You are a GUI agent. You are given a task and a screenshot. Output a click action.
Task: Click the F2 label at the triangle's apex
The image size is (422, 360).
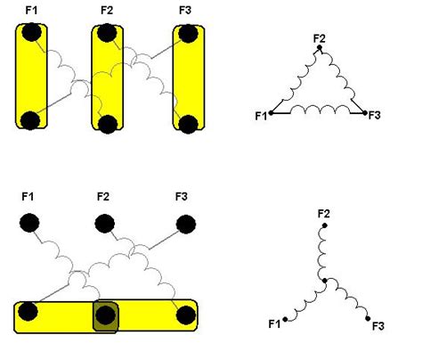[x=320, y=38]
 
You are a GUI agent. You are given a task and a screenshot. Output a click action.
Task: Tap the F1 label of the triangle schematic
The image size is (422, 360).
[x=261, y=116]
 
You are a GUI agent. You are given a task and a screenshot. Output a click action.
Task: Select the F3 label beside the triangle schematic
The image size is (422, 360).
[x=374, y=115]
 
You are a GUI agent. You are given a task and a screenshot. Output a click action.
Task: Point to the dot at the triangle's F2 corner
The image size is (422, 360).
[x=320, y=47]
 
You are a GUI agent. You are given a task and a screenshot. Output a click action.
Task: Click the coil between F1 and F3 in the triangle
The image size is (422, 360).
[x=320, y=110]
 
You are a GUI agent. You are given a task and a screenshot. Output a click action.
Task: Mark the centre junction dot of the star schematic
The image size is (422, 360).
[x=325, y=281]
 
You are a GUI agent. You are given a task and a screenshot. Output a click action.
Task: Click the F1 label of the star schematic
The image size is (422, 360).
[x=274, y=323]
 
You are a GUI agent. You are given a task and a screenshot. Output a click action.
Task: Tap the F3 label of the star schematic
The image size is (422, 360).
[x=378, y=326]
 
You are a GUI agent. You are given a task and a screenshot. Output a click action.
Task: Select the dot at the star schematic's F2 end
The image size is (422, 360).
[x=325, y=225]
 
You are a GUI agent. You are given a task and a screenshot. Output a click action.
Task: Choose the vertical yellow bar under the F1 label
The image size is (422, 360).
[x=31, y=77]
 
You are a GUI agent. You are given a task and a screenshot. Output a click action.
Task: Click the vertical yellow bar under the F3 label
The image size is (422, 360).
[x=189, y=78]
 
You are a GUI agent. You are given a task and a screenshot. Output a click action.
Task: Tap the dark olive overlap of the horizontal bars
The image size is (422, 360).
[x=106, y=316]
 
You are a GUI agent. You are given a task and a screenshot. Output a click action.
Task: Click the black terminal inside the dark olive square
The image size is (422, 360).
[x=105, y=315]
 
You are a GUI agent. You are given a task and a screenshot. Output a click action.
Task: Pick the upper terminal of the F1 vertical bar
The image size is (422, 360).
[x=31, y=32]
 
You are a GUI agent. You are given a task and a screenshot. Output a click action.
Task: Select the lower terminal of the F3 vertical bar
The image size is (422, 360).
[x=188, y=125]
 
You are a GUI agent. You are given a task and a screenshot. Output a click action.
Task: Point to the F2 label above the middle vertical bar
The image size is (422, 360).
[x=107, y=11]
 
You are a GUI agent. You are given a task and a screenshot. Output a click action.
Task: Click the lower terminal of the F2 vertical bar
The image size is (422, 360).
[x=108, y=125]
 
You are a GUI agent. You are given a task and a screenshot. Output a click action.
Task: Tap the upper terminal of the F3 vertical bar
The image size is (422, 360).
[x=188, y=34]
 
